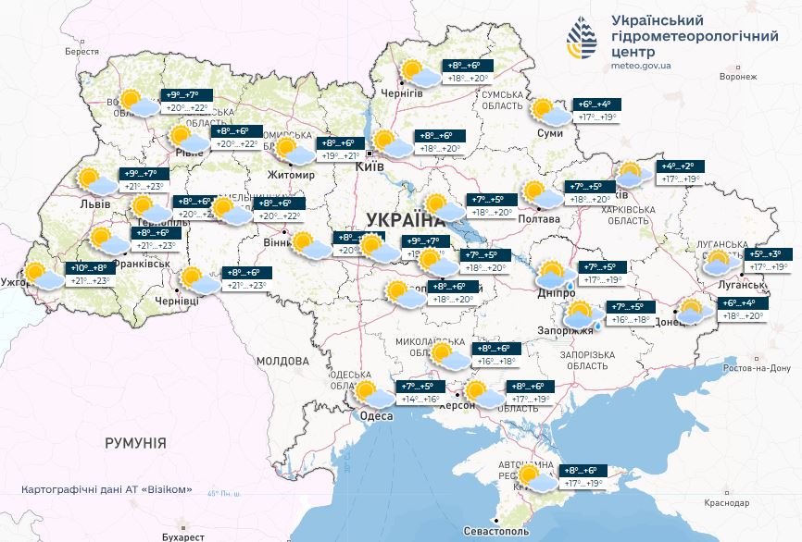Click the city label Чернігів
point(403,93)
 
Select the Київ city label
point(370,167)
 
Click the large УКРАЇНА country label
point(406,219)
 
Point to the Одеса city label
point(378,416)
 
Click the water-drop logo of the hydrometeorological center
point(584,38)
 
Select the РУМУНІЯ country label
point(135,443)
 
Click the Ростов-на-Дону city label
point(753,369)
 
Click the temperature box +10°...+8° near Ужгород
point(87,268)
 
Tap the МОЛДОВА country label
point(282,361)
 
